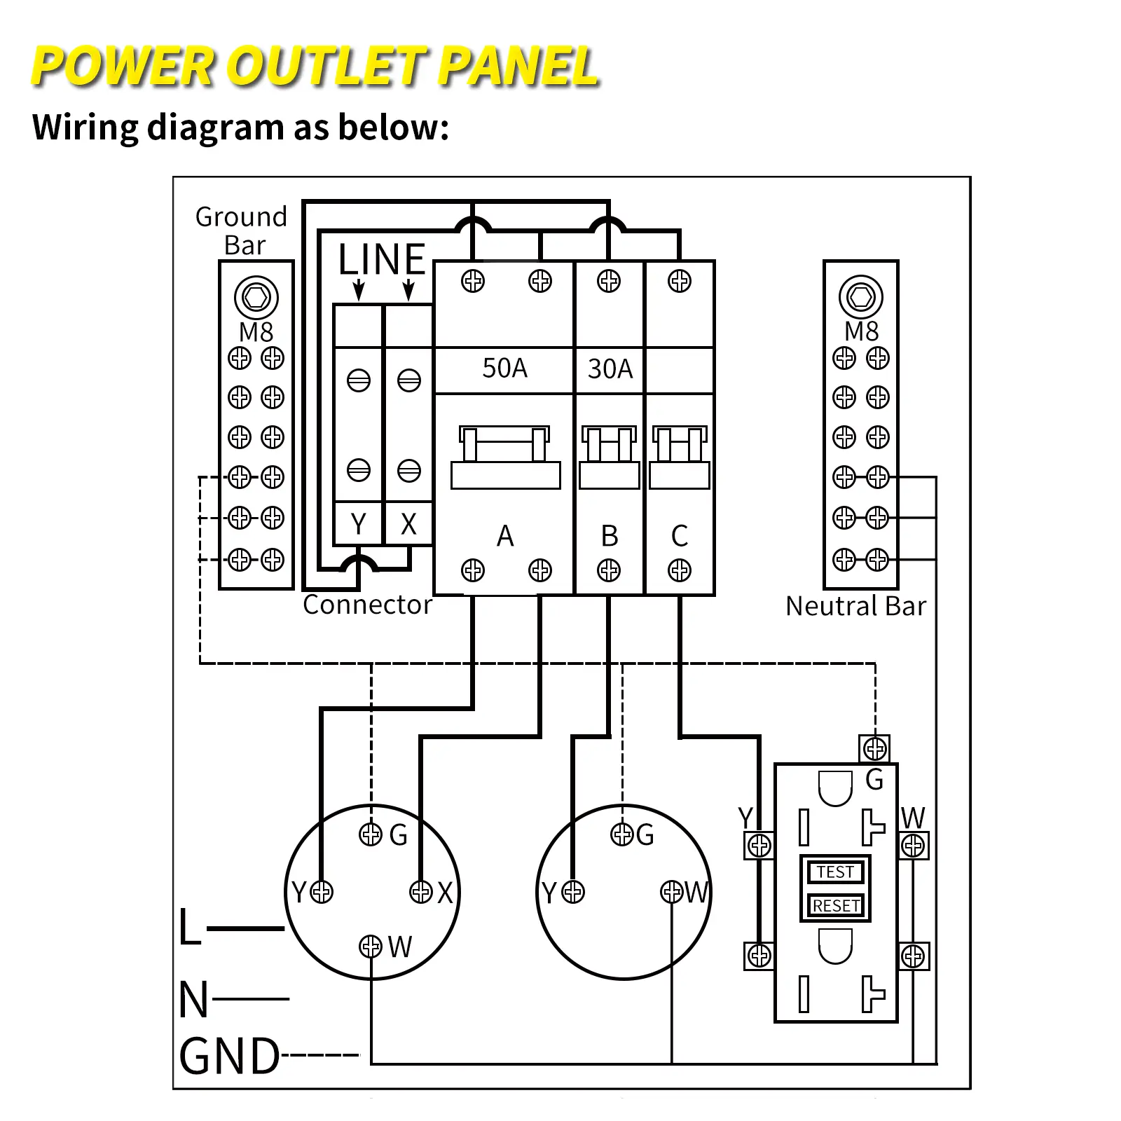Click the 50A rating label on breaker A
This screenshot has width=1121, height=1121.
(x=504, y=369)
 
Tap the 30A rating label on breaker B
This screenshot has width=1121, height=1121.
(x=610, y=369)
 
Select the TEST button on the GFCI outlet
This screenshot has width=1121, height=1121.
(x=835, y=872)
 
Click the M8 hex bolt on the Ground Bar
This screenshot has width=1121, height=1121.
(x=256, y=297)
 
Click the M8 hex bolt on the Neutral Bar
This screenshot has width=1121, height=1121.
(x=860, y=297)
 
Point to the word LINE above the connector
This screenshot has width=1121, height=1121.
(x=382, y=260)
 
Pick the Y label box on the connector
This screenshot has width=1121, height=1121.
(x=358, y=523)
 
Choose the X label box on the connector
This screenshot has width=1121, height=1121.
(x=408, y=523)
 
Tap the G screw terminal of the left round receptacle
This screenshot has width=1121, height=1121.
(x=371, y=834)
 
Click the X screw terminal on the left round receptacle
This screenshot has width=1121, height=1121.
(x=421, y=892)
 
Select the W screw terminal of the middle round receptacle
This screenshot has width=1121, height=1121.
(x=671, y=892)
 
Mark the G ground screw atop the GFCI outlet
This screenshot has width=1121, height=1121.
(x=874, y=749)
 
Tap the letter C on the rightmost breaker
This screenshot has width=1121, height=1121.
(x=679, y=536)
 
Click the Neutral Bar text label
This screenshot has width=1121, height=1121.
(x=855, y=606)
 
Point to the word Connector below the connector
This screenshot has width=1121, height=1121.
(x=367, y=605)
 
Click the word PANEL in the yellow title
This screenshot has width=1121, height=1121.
(x=518, y=67)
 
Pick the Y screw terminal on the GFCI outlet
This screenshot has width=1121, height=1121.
(x=759, y=846)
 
